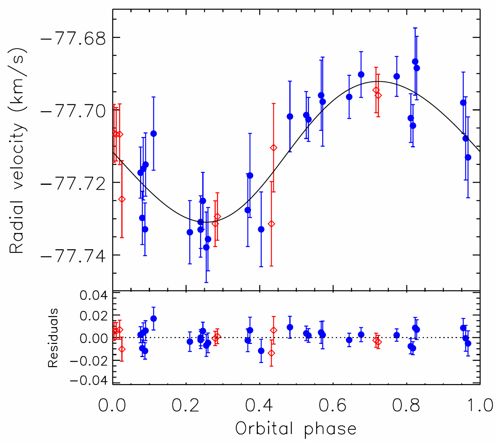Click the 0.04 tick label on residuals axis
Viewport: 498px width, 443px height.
coord(94,295)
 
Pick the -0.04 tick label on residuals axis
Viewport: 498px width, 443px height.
coord(89,380)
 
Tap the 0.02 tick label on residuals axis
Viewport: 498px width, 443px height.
coord(94,316)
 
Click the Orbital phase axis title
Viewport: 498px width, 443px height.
coord(296,429)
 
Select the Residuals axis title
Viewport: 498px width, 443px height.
coord(53,338)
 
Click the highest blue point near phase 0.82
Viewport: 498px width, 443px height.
coord(415,61)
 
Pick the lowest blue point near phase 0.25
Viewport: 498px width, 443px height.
coord(206,247)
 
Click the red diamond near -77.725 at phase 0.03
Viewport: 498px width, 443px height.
coord(122,199)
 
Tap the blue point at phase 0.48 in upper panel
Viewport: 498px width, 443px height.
coord(290,117)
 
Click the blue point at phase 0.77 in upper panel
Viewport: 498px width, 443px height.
coord(397,76)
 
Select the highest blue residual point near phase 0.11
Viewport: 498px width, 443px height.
coord(153,319)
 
